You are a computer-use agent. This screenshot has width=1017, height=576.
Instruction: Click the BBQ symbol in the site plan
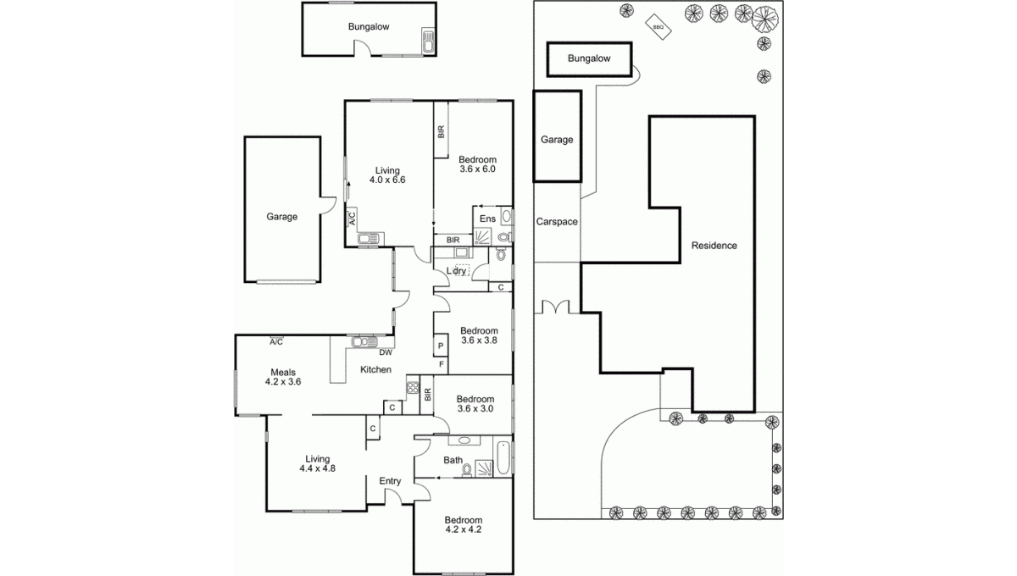pos(659,27)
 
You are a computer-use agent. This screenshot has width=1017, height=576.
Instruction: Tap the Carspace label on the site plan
pos(557,221)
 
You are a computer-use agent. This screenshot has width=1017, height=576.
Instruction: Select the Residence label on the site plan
pos(714,246)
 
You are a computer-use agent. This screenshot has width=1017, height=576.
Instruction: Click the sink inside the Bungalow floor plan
pos(428,41)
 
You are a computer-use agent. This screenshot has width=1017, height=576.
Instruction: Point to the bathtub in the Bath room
pos(503,457)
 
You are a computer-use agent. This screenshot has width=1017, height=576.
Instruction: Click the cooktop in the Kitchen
pos(413,387)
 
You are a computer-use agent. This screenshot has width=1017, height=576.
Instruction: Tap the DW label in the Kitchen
pos(386,352)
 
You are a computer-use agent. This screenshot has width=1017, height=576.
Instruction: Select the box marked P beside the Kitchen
pos(441,346)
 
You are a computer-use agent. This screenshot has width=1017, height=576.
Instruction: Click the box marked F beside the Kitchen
pos(441,365)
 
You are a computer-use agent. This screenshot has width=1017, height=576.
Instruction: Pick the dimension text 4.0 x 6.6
pos(387,180)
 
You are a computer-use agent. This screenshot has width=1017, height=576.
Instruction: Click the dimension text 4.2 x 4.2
pos(463,529)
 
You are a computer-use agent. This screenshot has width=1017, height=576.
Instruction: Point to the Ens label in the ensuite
pos(487,219)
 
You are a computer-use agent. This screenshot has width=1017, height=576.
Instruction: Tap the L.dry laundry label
pos(456,271)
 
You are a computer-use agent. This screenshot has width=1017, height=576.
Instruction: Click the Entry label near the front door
pos(390,481)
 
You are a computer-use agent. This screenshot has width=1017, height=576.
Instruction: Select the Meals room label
pos(283,372)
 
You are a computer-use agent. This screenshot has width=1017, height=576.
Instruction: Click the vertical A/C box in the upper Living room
pos(352,218)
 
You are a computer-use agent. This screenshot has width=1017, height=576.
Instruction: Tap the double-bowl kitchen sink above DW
pos(364,341)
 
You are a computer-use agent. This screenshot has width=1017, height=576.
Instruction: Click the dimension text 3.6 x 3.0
pos(475,408)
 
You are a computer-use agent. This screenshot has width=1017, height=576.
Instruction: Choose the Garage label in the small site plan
pos(557,140)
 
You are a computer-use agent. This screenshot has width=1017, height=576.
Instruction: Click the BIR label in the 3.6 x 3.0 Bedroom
pos(427,395)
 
